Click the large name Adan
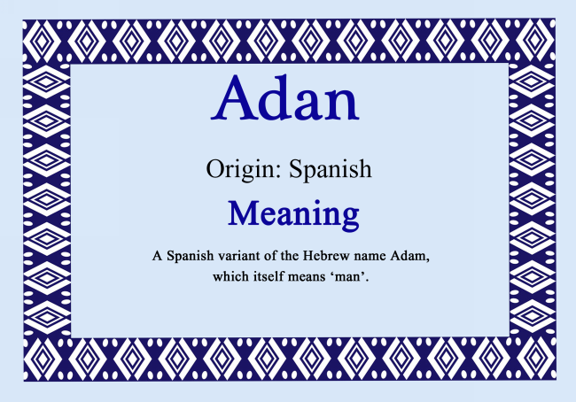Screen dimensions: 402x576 coord(286,99)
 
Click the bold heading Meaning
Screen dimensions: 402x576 coord(292,213)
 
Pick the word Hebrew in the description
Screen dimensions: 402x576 coord(334,256)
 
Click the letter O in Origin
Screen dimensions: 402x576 coord(214,168)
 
